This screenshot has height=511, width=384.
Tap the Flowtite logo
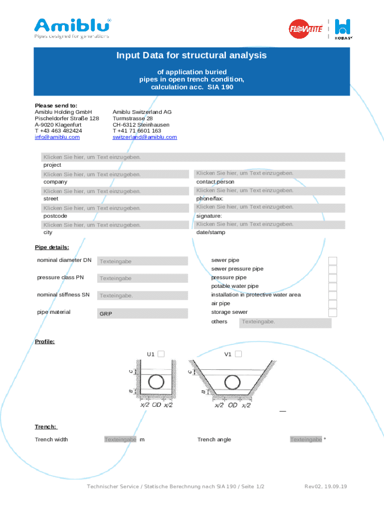coord(306,28)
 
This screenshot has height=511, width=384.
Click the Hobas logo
coord(344,28)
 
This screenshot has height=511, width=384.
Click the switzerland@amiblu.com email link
coord(145,137)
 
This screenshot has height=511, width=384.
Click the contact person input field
coord(269,174)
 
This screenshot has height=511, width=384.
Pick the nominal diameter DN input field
coord(143,261)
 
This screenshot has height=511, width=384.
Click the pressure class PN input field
coord(143,278)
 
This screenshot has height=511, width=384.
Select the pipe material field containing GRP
coord(143,313)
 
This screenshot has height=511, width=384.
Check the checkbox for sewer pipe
coord(333,261)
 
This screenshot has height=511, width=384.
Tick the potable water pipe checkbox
coord(333,287)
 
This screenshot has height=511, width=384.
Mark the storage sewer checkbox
coord(333,313)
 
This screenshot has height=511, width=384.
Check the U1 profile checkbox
coord(161,354)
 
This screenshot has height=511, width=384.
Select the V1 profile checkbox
coord(238,354)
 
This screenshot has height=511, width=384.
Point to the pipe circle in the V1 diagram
coord(232,383)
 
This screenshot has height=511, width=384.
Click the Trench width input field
coord(120,440)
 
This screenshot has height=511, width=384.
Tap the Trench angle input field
coord(306,440)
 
